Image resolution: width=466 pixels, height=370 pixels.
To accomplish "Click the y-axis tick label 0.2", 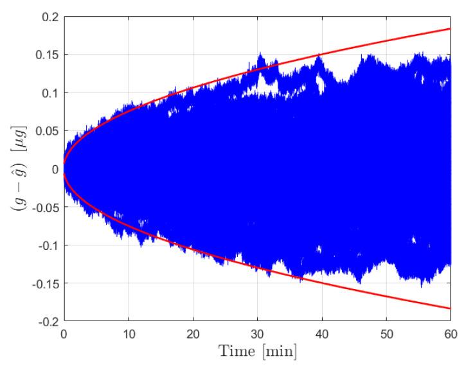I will [x=49, y=16].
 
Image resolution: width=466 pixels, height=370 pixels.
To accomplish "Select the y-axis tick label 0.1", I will [x=49, y=92].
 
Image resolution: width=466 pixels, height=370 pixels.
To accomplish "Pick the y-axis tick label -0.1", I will [x=48, y=245].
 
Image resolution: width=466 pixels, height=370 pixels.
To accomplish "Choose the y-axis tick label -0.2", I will [x=48, y=321].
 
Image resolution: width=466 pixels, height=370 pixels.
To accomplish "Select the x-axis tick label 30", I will [x=257, y=335].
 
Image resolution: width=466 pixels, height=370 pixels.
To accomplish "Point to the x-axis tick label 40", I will [x=321, y=335].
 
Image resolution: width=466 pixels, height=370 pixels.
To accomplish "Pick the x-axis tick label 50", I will [x=386, y=335].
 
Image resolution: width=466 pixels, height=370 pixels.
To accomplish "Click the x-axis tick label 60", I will [x=450, y=335].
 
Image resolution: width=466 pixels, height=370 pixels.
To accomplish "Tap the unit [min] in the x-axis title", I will [x=278, y=353].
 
